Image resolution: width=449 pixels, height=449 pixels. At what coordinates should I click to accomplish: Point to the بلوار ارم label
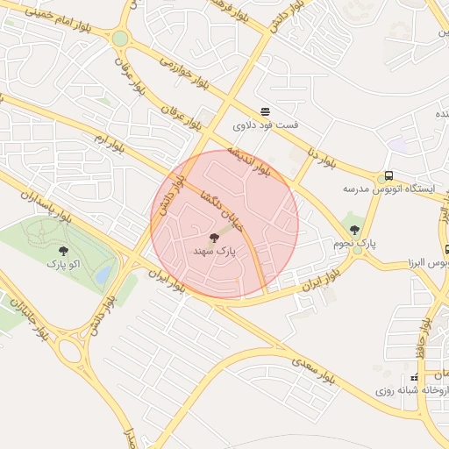[109, 144]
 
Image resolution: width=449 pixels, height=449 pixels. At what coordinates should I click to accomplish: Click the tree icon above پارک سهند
[214, 237]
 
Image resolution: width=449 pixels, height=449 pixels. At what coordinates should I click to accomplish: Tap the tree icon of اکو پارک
[62, 251]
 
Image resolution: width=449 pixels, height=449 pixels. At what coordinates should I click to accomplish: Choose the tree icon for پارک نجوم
[354, 230]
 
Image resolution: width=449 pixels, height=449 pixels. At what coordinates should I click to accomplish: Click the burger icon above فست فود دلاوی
[265, 110]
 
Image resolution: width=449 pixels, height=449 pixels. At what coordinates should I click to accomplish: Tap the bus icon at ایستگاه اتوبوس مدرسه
[388, 175]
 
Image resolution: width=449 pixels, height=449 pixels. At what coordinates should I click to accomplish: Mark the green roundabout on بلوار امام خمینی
[120, 39]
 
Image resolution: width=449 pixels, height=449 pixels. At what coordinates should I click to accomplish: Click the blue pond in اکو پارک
[103, 274]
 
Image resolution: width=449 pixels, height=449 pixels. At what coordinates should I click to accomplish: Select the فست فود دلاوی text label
[265, 125]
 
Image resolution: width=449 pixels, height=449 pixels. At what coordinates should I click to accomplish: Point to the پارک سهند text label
[215, 251]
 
